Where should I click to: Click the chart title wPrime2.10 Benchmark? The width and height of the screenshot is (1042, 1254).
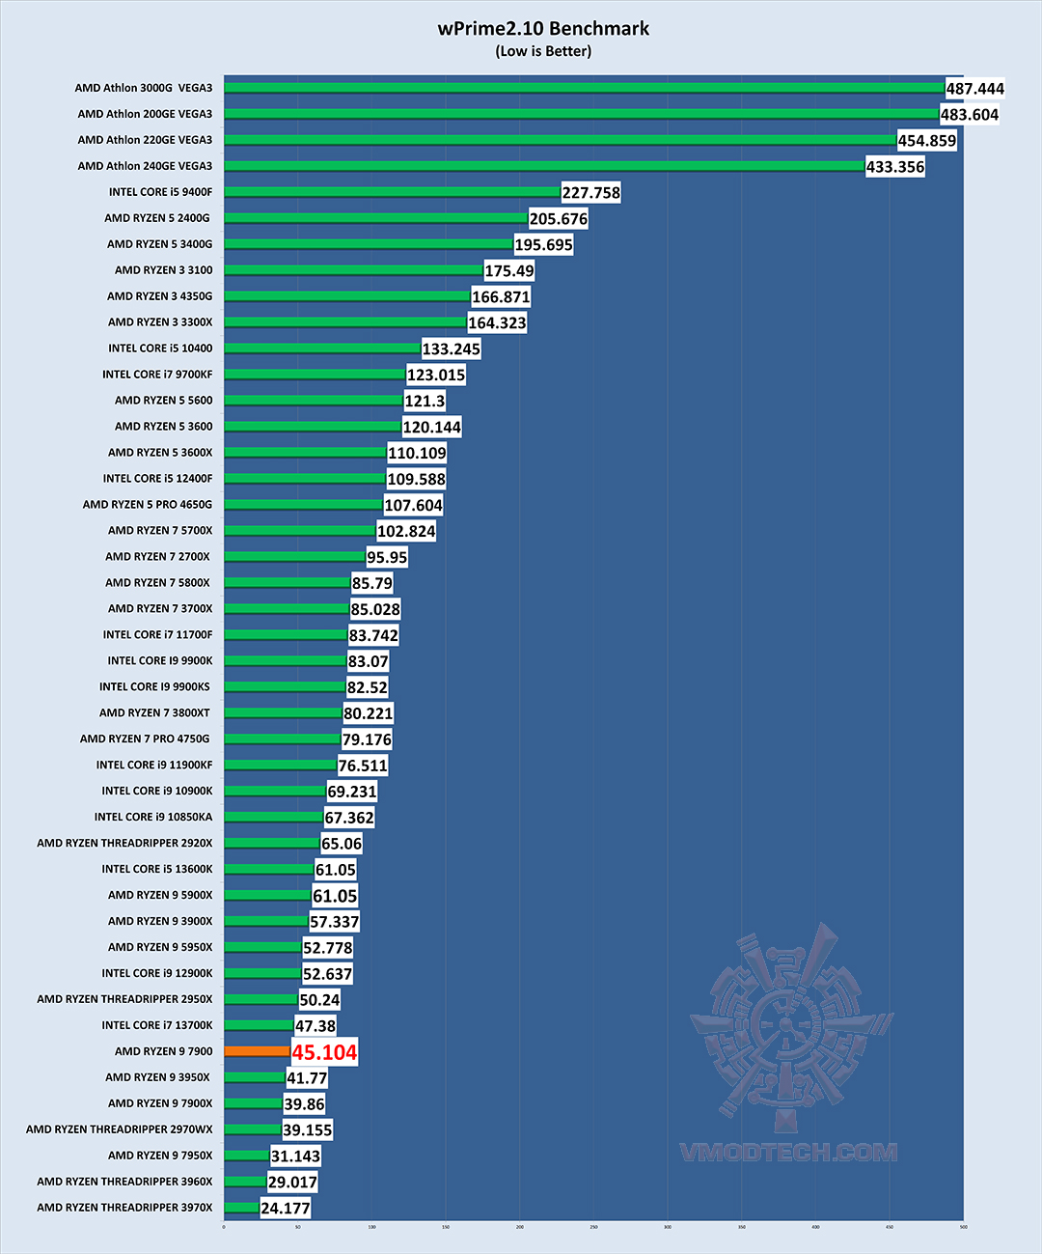pos(543,29)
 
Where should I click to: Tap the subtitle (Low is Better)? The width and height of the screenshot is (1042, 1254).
pos(543,51)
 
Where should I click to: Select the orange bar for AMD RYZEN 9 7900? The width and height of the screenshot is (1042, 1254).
pos(257,1051)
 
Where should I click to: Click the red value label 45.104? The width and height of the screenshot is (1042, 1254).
pos(324,1052)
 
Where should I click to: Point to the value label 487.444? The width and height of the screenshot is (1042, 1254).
pos(974,89)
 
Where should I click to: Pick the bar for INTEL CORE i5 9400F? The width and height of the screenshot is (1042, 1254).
pos(392,192)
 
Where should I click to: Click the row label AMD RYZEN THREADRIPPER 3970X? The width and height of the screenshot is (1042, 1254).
pos(124,1208)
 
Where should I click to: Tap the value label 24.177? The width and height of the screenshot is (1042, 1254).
pos(286,1209)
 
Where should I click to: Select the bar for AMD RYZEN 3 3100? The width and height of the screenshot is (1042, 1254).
pos(353,270)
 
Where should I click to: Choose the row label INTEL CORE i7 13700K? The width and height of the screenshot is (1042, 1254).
pos(157,1025)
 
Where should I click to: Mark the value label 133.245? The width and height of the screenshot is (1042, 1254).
pos(451,349)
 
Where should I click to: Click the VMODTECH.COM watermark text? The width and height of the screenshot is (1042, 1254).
pos(788,1153)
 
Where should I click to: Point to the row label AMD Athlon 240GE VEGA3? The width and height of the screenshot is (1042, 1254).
pos(145,166)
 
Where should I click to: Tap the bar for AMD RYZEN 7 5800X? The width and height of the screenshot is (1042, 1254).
pos(287,582)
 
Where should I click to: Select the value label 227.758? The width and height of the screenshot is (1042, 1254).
pos(590,193)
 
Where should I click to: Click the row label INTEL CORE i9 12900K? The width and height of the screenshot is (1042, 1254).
pos(157,973)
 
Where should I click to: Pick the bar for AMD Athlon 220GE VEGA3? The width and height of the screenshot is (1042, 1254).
pos(560,140)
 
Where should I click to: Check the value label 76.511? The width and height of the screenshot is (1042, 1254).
pos(363,766)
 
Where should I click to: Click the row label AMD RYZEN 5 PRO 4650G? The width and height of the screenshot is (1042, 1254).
pos(148,505)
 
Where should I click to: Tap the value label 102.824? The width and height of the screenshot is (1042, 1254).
pos(406,532)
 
